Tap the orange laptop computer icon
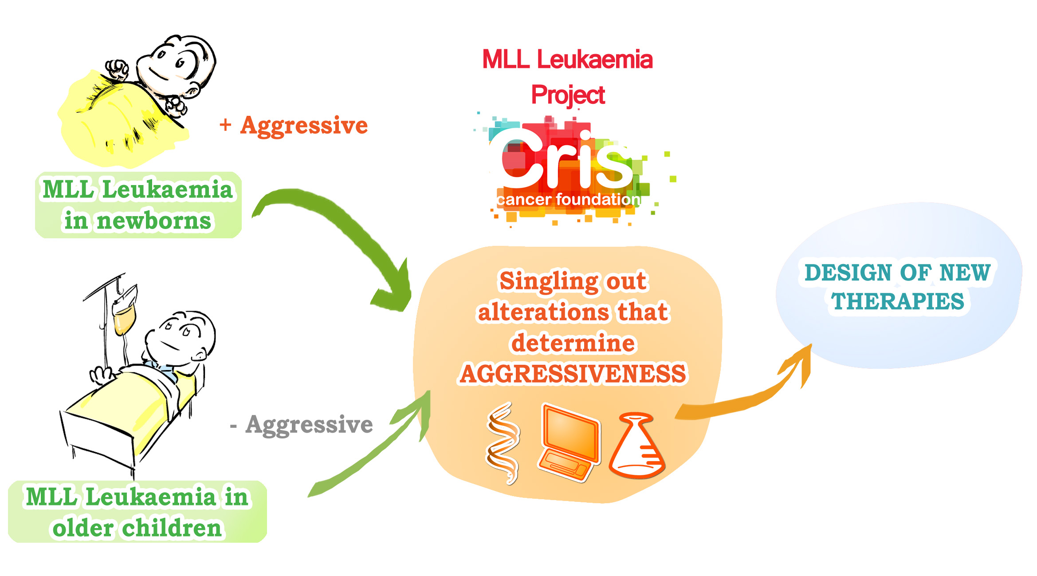570,442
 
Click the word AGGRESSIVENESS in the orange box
573,374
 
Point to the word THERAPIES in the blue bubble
898,301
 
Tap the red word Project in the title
568,95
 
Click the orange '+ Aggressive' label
294,126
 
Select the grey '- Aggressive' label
302,425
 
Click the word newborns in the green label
154,221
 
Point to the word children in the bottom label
172,528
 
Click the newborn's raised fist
116,70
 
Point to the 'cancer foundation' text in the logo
568,199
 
